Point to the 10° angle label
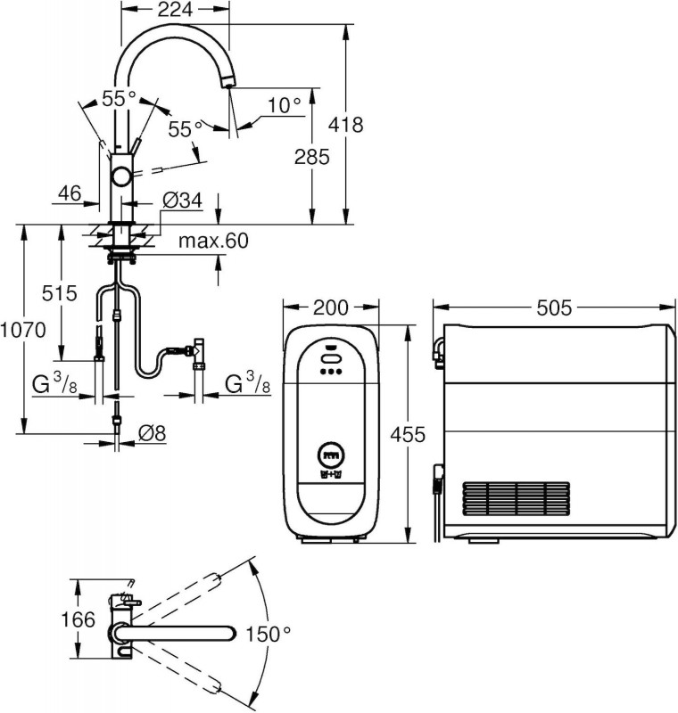click(284, 105)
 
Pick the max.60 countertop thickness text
click(212, 241)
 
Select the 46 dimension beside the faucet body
click(71, 193)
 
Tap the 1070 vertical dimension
click(22, 329)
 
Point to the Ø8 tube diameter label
click(153, 436)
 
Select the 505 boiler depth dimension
click(553, 308)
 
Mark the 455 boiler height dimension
click(407, 435)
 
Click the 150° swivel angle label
click(269, 635)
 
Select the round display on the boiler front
click(330, 455)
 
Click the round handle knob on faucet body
click(120, 174)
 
